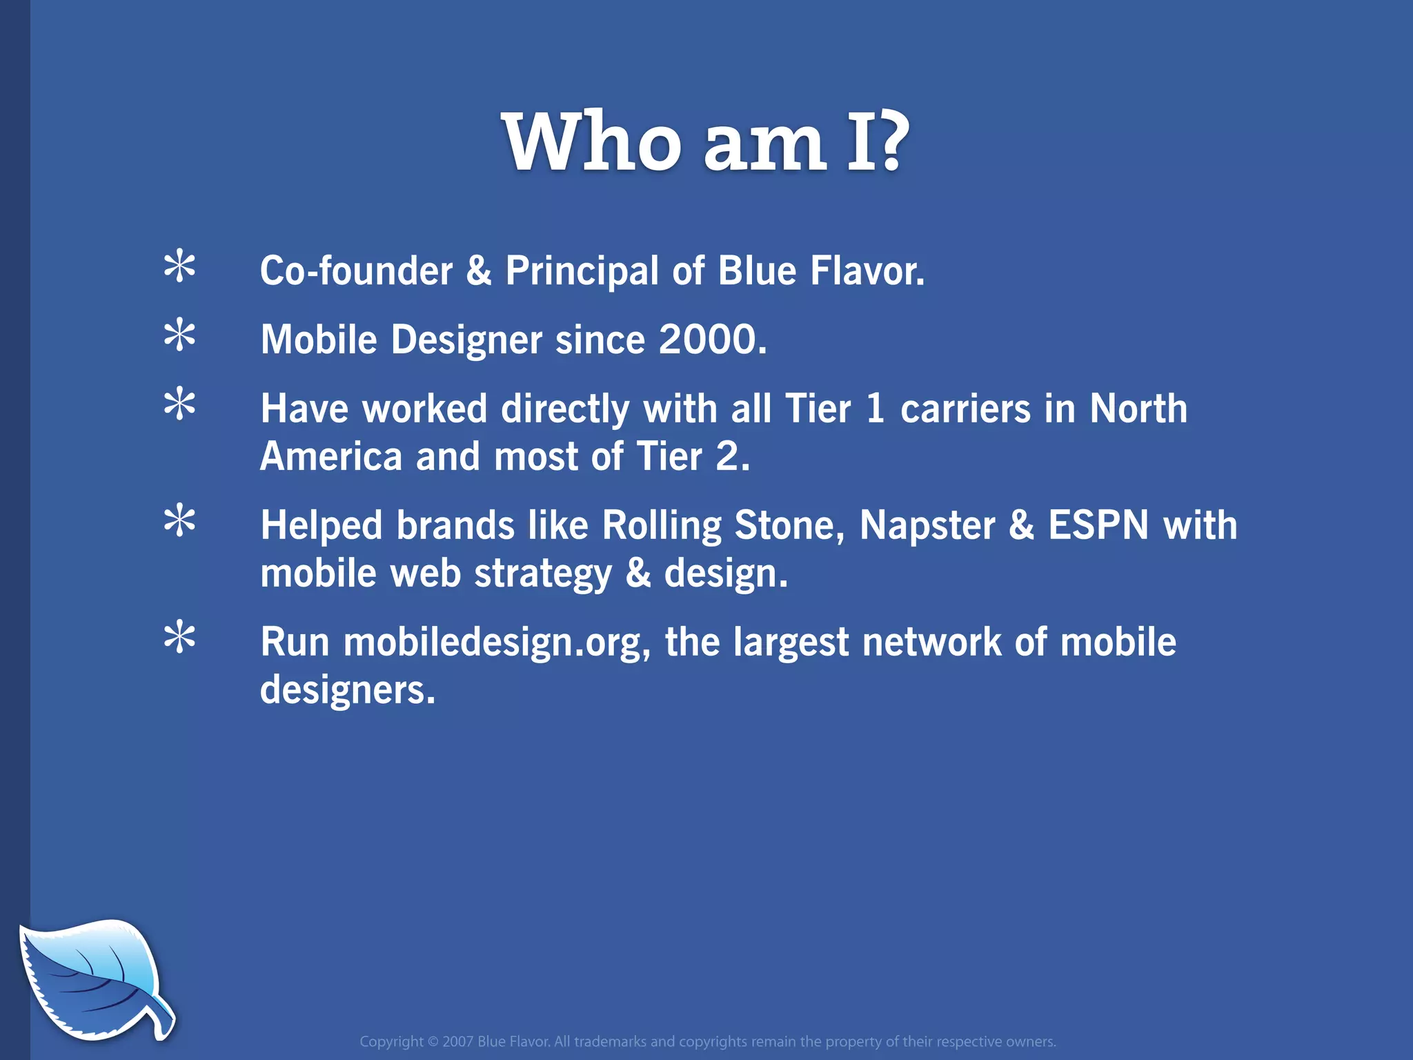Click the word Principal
(582, 271)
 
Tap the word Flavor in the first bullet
(867, 271)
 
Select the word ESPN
(1098, 525)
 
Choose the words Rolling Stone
(723, 526)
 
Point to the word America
(331, 457)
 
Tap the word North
(1138, 409)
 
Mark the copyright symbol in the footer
(433, 1041)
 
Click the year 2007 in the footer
(457, 1041)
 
